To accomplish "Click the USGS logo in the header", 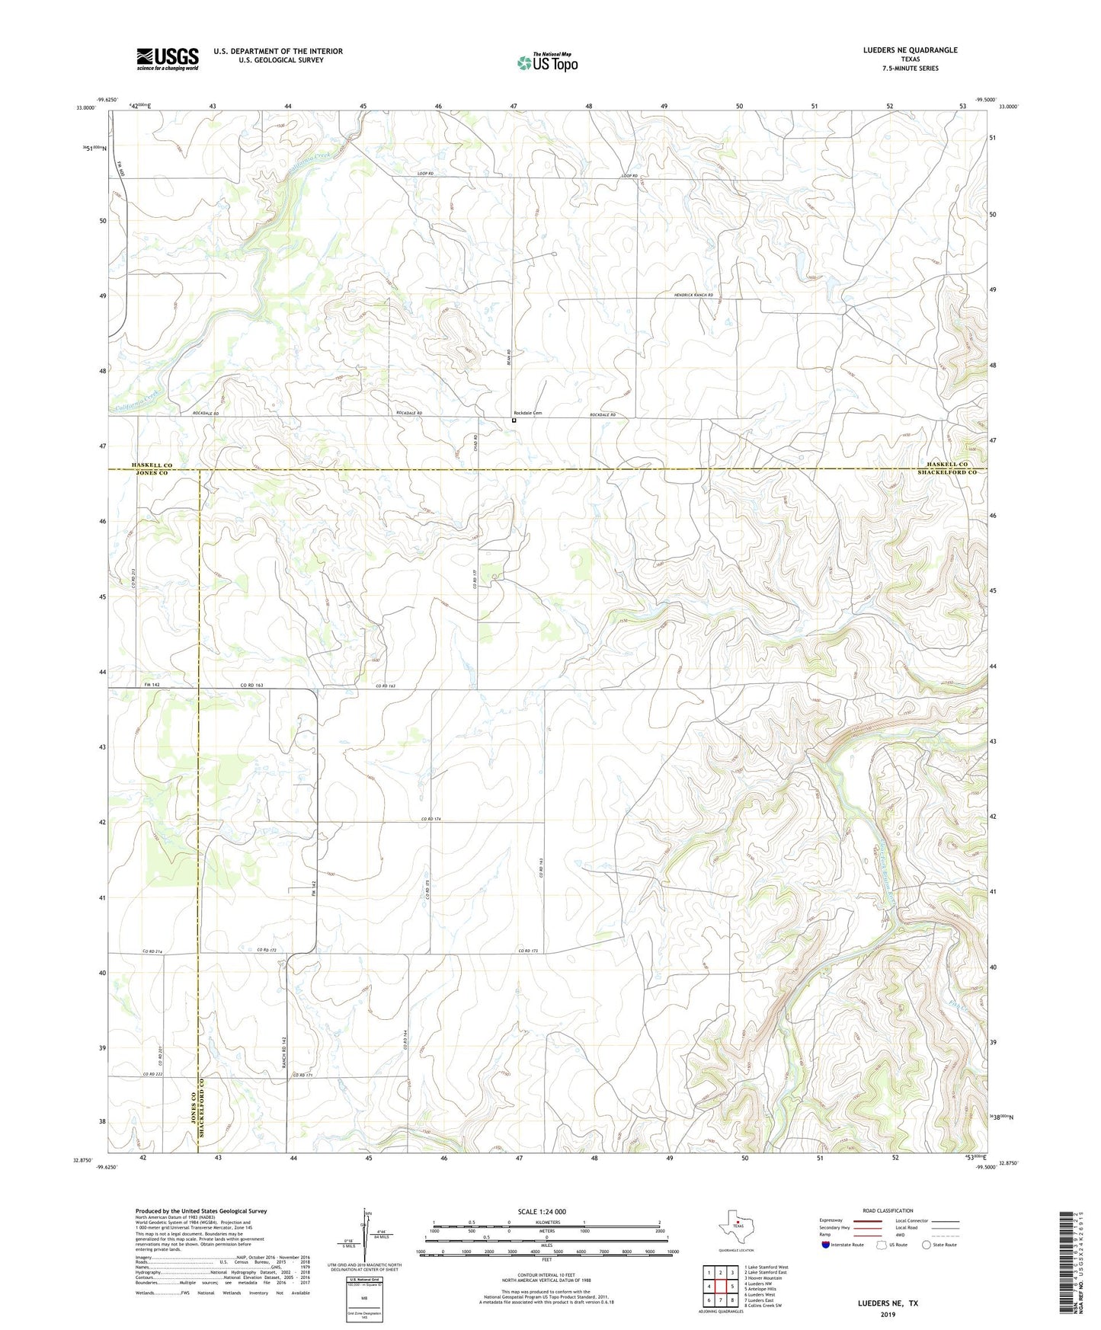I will point(167,59).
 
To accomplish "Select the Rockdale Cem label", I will point(527,413).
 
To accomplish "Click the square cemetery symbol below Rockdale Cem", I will point(514,420).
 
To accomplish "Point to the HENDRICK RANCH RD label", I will point(693,295).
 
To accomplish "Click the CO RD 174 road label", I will point(431,819).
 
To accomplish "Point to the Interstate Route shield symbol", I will point(826,1245).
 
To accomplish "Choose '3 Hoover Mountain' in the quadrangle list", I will point(763,1278).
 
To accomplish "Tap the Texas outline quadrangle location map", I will point(735,1226).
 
